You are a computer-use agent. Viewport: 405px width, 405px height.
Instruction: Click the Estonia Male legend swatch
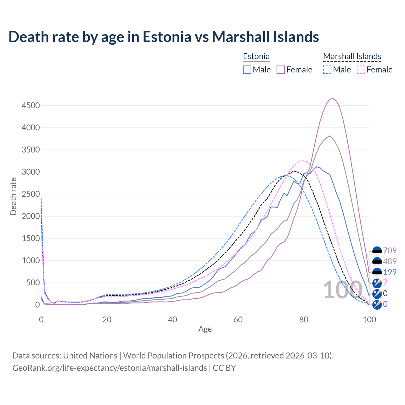point(247,70)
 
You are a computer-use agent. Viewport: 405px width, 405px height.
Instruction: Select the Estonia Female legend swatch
point(281,70)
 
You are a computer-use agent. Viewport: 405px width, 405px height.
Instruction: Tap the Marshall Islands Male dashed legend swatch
point(327,70)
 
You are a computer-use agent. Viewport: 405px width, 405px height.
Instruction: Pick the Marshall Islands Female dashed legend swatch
point(361,70)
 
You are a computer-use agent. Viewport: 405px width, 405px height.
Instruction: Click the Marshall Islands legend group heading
point(352,56)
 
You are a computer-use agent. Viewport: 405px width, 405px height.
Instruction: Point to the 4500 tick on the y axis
point(31,105)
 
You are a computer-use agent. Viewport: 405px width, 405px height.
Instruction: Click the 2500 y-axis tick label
point(31,194)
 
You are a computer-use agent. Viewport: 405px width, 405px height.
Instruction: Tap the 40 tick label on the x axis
point(172,320)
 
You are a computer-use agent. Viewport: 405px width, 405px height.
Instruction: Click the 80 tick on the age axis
point(304,320)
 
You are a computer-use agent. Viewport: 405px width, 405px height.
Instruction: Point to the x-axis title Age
point(205,329)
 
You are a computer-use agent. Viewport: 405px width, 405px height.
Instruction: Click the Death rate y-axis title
point(13,196)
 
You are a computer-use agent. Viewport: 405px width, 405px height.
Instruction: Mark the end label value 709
point(390,251)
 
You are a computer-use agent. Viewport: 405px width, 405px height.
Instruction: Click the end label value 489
point(390,261)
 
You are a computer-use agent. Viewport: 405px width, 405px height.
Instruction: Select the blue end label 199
point(390,272)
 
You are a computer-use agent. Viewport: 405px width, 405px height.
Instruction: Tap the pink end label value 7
point(385,283)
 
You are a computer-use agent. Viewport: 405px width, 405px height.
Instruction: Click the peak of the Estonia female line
point(333,98)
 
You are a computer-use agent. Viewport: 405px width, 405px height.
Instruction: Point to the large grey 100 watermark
point(342,290)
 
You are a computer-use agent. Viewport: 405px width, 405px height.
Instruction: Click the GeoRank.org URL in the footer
point(109,368)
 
